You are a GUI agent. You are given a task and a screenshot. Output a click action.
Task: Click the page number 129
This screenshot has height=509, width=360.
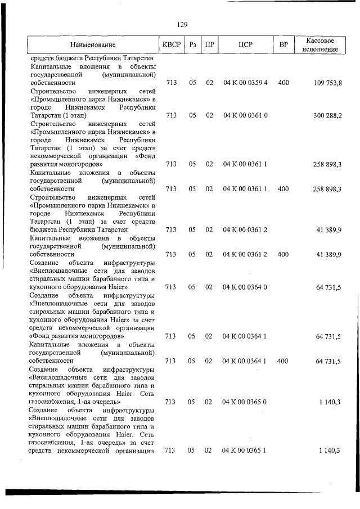[182, 25]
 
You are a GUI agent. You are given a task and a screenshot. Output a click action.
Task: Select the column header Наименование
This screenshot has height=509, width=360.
[93, 44]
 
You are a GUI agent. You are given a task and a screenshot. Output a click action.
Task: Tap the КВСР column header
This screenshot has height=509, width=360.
[171, 44]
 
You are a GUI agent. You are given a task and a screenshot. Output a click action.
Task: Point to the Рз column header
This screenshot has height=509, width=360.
[192, 44]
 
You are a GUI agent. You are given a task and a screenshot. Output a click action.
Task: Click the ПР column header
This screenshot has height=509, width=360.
[209, 44]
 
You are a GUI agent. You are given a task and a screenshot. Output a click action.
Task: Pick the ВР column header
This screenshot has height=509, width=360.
[283, 44]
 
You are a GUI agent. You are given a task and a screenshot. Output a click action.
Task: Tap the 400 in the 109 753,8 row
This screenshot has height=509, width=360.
[283, 83]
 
